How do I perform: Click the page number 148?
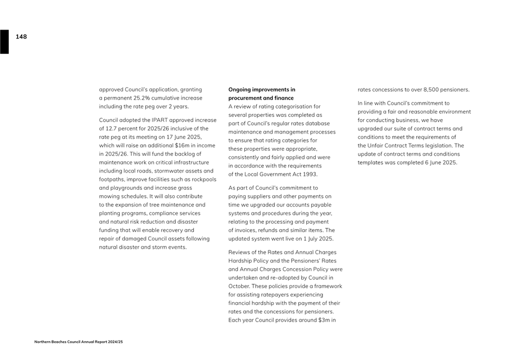click(x=21, y=37)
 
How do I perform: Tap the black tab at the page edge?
click(x=4, y=42)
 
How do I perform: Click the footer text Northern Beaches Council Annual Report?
click(x=79, y=342)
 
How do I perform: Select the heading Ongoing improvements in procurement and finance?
click(x=262, y=93)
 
